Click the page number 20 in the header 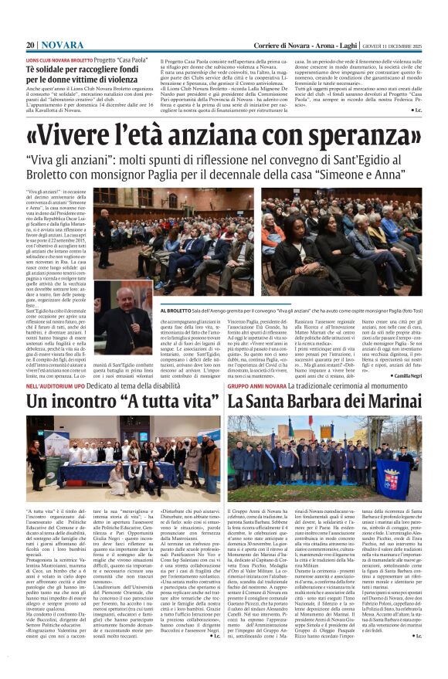[31, 46]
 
